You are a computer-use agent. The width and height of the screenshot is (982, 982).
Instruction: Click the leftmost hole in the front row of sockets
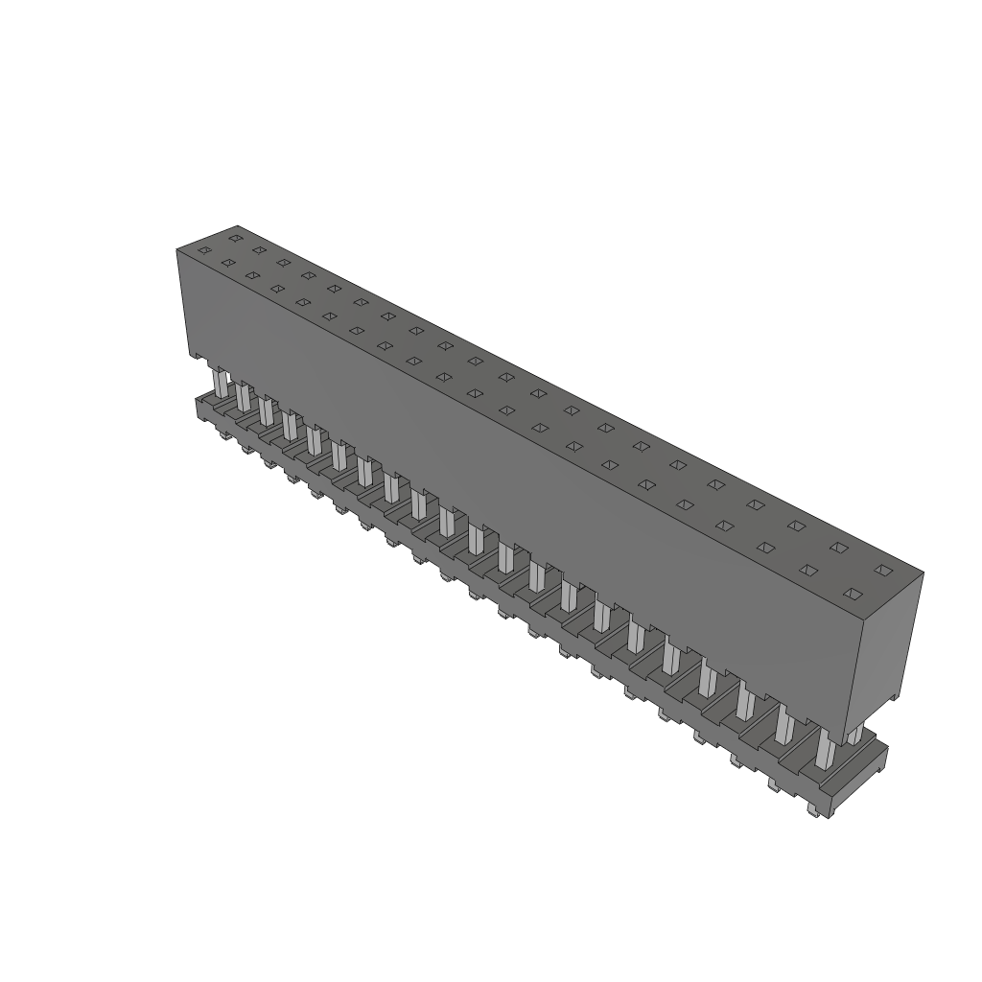click(x=203, y=251)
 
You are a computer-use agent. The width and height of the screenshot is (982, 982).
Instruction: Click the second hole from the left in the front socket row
click(x=228, y=262)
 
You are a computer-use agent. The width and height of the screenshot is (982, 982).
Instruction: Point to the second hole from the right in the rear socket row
click(x=839, y=548)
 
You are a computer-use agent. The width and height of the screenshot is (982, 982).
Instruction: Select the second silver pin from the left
click(x=244, y=397)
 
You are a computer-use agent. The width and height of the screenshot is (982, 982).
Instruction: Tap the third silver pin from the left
click(x=267, y=409)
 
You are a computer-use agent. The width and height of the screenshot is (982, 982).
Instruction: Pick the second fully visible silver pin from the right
click(x=783, y=725)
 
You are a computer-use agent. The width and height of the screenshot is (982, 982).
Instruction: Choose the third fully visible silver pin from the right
click(x=745, y=702)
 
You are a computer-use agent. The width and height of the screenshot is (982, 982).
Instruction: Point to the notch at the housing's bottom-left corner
click(x=198, y=358)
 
